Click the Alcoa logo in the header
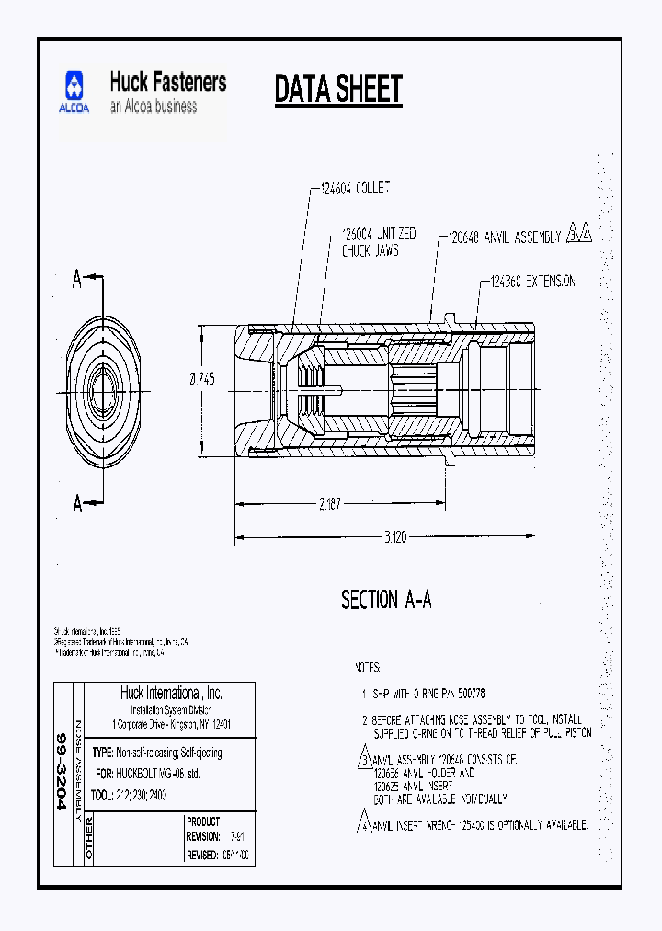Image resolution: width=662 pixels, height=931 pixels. point(76,92)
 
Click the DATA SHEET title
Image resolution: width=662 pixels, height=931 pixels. point(338,89)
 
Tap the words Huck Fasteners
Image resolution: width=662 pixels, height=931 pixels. point(168,82)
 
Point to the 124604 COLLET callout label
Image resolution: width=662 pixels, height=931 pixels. point(355,189)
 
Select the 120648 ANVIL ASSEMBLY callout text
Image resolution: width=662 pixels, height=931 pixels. point(504,237)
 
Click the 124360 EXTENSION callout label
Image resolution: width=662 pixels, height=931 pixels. point(533,281)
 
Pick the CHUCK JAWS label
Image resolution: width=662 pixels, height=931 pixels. point(371,250)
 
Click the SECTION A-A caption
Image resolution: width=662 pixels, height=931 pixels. point(386,601)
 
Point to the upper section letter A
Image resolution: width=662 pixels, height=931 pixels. point(78,281)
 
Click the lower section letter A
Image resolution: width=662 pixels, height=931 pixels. point(78,503)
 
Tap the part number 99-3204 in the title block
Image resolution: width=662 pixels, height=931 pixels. point(63,771)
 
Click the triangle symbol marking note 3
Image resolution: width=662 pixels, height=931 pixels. point(363,761)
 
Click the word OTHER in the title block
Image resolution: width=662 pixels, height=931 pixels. point(89,838)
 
